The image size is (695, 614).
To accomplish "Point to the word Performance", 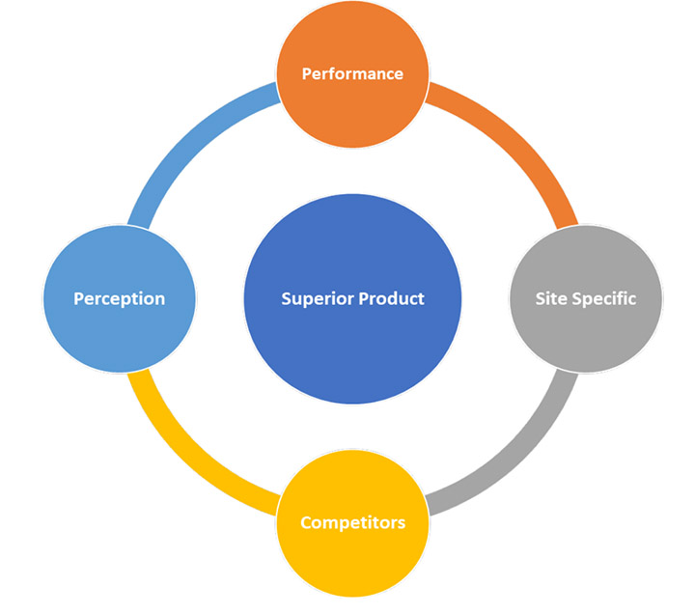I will [352, 73].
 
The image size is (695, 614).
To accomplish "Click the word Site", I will [551, 298].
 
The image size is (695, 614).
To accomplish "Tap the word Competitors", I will [352, 523].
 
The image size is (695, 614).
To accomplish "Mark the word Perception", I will [120, 298].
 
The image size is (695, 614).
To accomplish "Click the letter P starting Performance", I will [306, 73].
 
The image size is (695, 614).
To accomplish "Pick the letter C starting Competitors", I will [306, 523].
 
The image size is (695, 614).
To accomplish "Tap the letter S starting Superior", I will [286, 298].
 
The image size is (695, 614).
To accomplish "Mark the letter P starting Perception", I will [79, 298].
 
